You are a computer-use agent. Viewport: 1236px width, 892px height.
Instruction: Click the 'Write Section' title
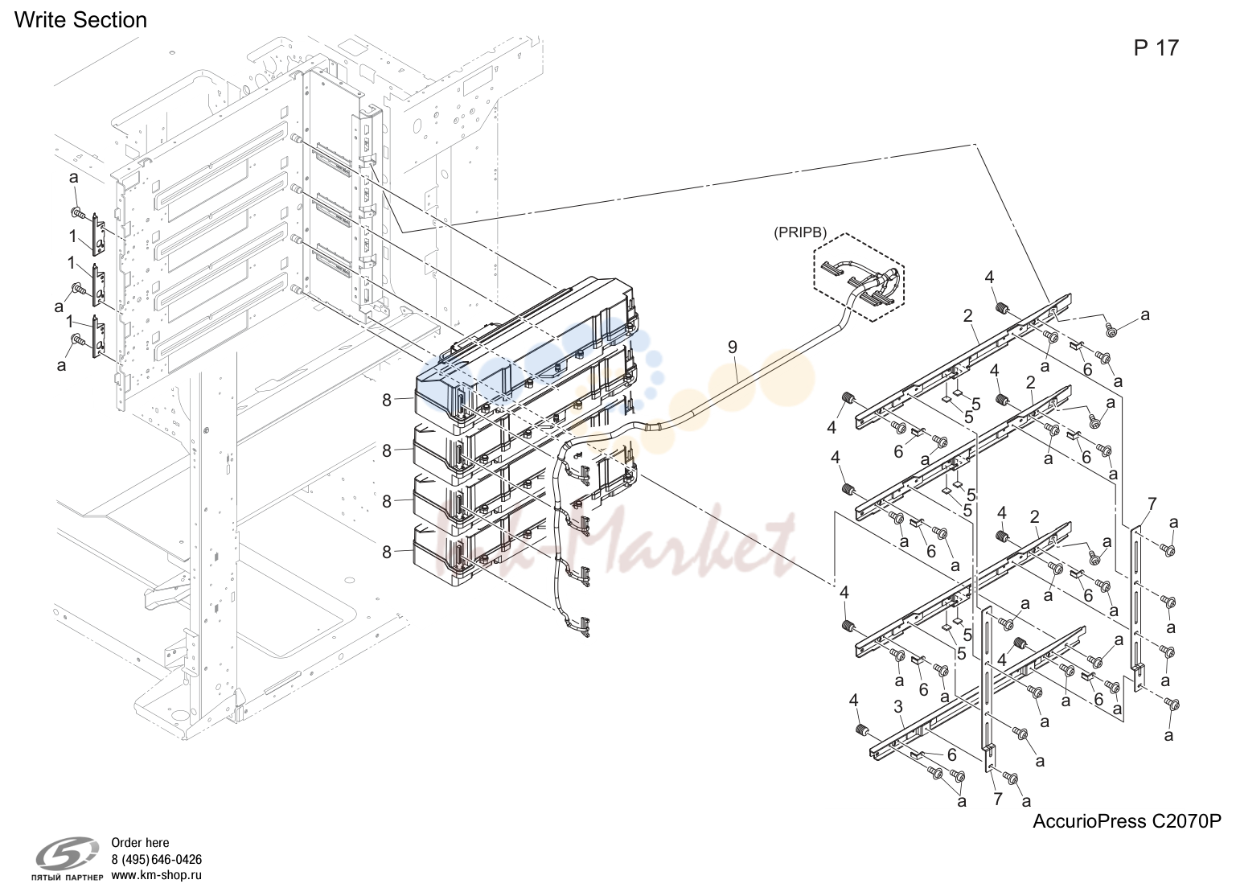(x=80, y=20)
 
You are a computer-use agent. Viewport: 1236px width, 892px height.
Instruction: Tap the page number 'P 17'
(x=1156, y=48)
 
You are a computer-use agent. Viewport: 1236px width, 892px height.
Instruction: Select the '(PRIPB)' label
(x=800, y=233)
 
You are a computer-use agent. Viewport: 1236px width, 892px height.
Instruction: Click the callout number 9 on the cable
(x=733, y=347)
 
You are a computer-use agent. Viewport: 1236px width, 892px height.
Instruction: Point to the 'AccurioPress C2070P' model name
(x=1127, y=820)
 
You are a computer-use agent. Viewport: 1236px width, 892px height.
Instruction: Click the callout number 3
(x=897, y=706)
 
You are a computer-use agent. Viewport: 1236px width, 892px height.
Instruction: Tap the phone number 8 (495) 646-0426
(x=157, y=860)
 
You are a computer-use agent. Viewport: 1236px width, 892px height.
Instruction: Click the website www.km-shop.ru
(x=157, y=875)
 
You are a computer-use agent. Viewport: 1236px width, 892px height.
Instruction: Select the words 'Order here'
(x=140, y=843)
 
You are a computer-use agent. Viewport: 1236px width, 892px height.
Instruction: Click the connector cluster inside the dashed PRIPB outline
(x=860, y=282)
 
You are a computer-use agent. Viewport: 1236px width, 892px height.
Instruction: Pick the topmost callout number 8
(x=387, y=401)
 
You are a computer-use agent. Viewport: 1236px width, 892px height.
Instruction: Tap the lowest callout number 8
(x=387, y=552)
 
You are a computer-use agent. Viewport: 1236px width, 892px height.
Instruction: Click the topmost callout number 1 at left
(x=72, y=236)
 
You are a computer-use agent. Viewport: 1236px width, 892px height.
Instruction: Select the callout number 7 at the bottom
(x=997, y=800)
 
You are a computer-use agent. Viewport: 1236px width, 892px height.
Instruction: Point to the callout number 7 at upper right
(x=1152, y=504)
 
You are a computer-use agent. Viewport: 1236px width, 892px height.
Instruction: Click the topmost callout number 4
(x=989, y=277)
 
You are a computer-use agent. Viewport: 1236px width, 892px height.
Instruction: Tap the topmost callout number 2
(x=968, y=316)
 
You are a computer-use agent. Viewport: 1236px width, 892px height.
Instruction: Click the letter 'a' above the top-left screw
(x=73, y=178)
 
